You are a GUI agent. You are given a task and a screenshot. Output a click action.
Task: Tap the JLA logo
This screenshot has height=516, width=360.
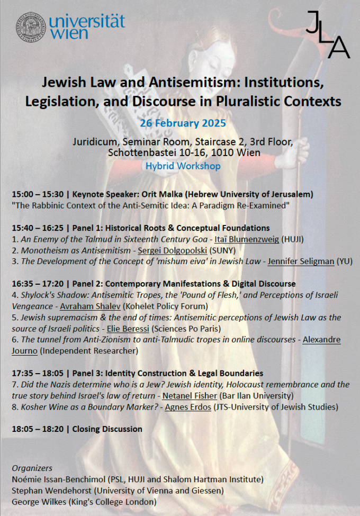[328, 35]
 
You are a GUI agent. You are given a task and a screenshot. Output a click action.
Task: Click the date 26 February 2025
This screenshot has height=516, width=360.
[183, 123]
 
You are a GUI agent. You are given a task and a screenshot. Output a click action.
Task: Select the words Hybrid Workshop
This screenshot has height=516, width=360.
[183, 166]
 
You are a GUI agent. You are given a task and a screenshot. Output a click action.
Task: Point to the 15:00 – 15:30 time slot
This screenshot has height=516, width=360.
[37, 194]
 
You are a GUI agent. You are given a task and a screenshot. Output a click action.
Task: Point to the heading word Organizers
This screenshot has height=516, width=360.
[32, 468]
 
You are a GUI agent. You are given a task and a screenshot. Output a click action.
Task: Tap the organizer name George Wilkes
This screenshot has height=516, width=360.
[38, 502]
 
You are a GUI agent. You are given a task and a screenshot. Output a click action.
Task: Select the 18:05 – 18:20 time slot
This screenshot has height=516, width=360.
[37, 429]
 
